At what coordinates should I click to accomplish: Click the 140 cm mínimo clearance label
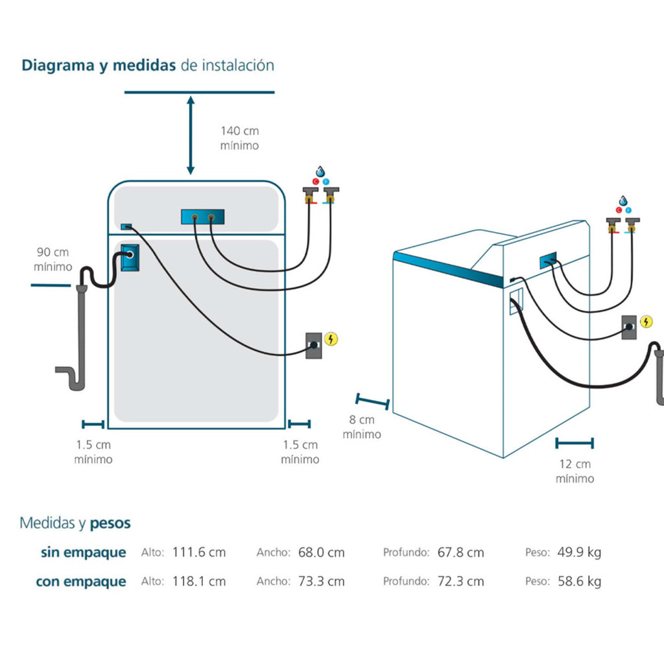click(239, 138)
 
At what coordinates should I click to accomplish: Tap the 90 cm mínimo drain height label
click(52, 259)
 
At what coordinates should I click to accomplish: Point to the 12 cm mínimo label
click(575, 471)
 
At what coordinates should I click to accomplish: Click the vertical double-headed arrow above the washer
click(190, 135)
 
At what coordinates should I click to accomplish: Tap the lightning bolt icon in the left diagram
click(331, 338)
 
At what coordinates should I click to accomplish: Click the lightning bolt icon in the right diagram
click(646, 321)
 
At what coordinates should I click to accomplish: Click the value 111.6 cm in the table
click(198, 552)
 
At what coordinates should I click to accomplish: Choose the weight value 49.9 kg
click(579, 552)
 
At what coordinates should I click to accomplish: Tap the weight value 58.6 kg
click(579, 581)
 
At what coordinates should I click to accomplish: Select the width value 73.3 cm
click(322, 581)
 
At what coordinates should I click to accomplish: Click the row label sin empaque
click(84, 552)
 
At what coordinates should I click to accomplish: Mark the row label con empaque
click(81, 581)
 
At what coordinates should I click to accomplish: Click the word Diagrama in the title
click(58, 65)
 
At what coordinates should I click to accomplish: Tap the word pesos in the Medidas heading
click(110, 523)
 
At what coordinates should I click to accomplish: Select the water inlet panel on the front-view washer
click(203, 217)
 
